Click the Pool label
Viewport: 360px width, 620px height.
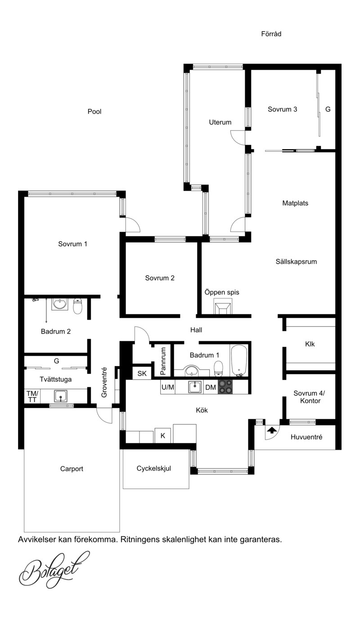click(x=94, y=112)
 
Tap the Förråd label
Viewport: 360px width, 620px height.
click(x=271, y=34)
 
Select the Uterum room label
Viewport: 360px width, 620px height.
click(x=220, y=122)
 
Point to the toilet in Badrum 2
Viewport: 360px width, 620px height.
click(x=78, y=306)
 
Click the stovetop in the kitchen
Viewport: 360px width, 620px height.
click(x=225, y=387)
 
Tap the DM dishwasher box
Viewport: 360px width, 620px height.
click(x=211, y=387)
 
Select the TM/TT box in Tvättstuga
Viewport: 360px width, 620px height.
click(x=32, y=396)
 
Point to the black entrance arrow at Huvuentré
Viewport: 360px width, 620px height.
click(x=272, y=430)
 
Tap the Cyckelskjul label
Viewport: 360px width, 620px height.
click(x=154, y=468)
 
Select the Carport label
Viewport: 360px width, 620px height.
click(x=72, y=469)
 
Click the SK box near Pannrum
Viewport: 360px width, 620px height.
click(x=142, y=373)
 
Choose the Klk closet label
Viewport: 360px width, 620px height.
click(x=310, y=344)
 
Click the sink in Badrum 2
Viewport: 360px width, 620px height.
click(x=60, y=304)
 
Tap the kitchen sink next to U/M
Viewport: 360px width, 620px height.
click(x=195, y=387)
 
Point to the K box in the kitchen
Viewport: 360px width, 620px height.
click(x=163, y=436)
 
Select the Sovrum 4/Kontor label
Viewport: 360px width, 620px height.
click(x=309, y=397)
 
